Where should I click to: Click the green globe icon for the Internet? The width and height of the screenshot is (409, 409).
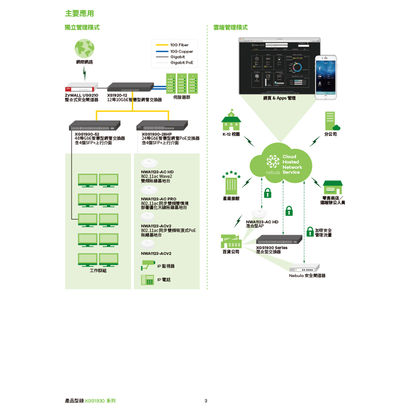[84, 49]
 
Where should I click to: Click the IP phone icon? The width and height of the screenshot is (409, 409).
[147, 280]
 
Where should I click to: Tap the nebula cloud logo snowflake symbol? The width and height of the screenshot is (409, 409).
[273, 162]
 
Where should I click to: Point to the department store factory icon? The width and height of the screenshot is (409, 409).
[231, 241]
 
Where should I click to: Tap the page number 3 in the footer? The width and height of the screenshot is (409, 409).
[206, 401]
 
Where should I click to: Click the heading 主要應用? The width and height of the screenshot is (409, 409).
[79, 14]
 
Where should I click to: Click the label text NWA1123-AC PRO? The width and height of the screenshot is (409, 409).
[158, 199]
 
